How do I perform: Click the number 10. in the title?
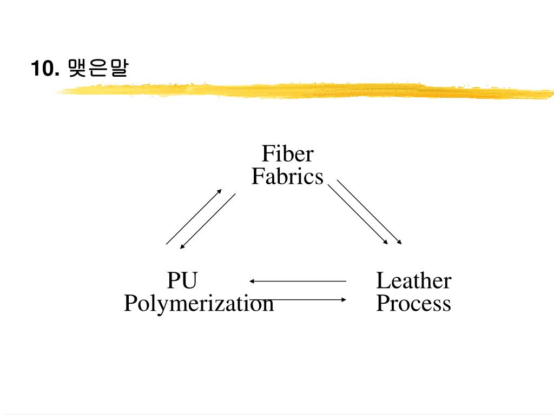pos(44,69)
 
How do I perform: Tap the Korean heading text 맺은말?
pos(98,69)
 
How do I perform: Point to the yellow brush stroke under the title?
pos(303,91)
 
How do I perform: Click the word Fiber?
pos(287,154)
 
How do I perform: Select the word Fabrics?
pos(287,177)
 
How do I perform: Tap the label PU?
pos(182,281)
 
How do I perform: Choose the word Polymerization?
pos(199,304)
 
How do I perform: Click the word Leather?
pos(413,281)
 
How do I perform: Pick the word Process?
pos(413,304)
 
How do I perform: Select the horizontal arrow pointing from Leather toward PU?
pos(298,281)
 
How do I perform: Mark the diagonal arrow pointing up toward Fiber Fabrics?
pos(194,217)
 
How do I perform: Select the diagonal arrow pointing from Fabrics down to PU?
pos(208,221)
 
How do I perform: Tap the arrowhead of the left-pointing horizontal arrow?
pos(252,281)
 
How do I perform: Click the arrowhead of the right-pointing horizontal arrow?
pos(344,299)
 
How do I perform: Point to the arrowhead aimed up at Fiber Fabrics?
pos(220,191)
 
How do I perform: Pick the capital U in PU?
pos(189,281)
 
